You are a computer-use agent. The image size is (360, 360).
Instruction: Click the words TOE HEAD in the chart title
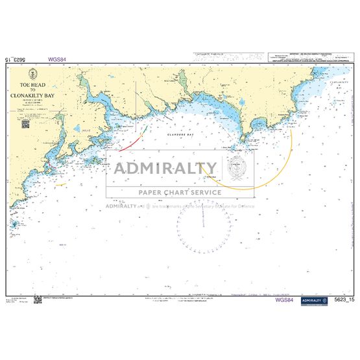35,85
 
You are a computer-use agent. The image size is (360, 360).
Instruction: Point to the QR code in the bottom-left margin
37,299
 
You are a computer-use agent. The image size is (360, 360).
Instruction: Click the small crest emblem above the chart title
35,76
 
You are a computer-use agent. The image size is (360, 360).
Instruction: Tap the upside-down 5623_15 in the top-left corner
16,58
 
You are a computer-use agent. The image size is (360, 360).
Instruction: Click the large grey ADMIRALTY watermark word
166,169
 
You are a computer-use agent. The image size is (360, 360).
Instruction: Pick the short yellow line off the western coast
62,184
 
